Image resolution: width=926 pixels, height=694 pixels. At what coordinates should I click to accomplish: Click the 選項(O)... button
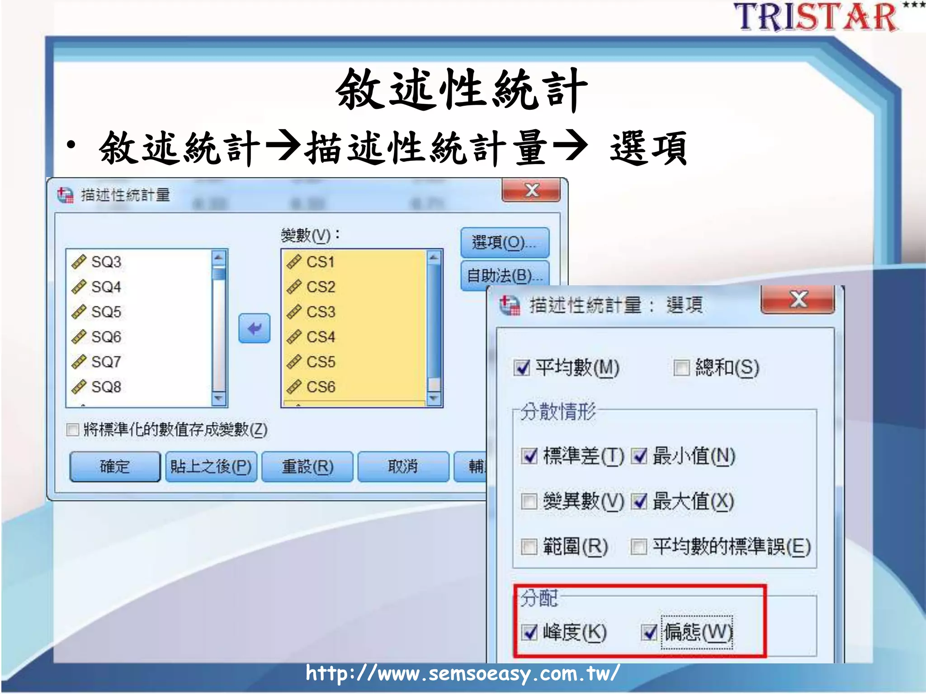coord(504,243)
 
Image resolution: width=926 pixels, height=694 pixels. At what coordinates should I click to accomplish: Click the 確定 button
coord(115,466)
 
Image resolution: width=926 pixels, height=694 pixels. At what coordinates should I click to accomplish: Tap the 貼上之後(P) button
coord(211,466)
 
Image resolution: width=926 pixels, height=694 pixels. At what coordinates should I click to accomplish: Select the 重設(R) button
coord(307,466)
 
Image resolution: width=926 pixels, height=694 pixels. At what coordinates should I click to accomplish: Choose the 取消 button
coord(403,466)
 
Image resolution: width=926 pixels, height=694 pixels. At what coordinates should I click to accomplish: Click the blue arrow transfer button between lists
coord(255,328)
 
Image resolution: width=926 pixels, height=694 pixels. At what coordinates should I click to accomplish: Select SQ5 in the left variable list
coord(106,312)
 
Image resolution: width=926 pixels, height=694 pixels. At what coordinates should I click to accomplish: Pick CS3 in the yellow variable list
coord(321,312)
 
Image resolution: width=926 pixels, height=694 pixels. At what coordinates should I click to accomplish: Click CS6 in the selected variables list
coord(321,387)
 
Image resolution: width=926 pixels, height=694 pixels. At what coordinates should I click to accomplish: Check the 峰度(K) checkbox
coord(529,632)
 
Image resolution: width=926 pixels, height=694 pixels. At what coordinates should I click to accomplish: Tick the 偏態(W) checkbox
coord(649,632)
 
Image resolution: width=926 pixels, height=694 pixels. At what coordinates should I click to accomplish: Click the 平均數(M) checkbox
coord(522,368)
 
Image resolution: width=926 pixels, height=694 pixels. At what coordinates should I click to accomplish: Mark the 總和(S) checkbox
coord(681,368)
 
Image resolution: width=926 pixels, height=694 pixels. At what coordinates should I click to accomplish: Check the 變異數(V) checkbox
coord(529,501)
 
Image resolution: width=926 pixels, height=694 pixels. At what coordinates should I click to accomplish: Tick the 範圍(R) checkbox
coord(529,547)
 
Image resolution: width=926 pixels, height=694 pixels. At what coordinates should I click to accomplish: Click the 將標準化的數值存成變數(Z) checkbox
coord(73,429)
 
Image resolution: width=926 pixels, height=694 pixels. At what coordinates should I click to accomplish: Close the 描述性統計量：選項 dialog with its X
coord(798,300)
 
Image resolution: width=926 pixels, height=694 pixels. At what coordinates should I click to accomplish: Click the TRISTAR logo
coord(816,17)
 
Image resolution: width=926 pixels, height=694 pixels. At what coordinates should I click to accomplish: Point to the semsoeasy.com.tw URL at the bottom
coord(462,673)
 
